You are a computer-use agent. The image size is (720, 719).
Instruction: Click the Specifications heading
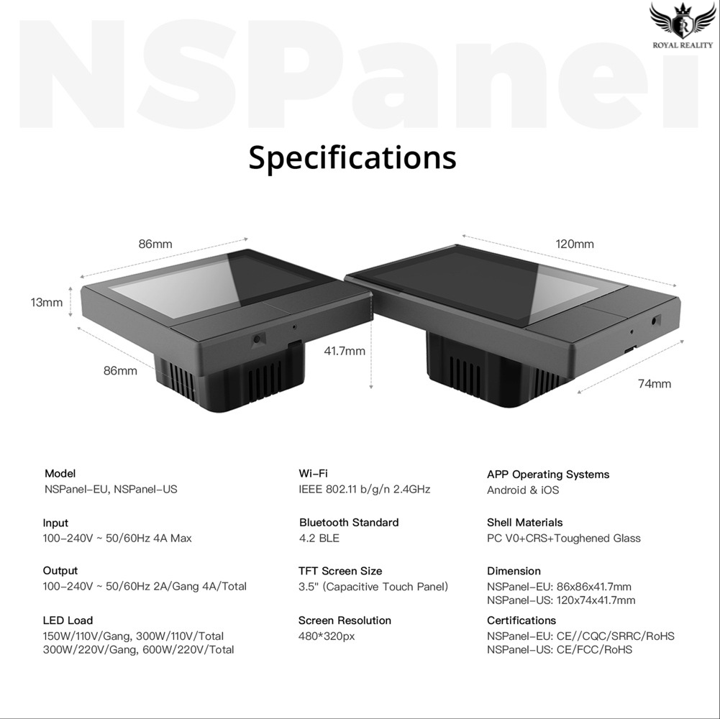352,157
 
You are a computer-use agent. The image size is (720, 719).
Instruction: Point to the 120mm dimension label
575,244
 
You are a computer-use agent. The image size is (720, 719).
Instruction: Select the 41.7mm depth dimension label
345,351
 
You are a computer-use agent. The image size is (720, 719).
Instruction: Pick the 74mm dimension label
654,383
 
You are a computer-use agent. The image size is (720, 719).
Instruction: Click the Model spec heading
60,473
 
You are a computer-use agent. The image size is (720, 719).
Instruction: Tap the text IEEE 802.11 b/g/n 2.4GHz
364,489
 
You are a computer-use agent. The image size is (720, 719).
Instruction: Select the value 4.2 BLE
319,538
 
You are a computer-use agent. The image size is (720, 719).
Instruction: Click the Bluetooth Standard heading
348,522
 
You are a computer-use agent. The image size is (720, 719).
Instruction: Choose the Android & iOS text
523,490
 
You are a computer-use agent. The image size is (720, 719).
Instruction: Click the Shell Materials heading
524,522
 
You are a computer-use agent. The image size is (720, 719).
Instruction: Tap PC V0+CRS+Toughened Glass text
563,538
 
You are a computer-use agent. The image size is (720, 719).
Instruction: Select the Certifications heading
521,620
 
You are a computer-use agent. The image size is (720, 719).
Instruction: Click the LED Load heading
68,620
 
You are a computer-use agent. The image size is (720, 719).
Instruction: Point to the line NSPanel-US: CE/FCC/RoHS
560,649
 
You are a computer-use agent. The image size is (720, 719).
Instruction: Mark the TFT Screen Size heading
340,571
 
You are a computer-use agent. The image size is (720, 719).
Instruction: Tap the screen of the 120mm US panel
489,284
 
